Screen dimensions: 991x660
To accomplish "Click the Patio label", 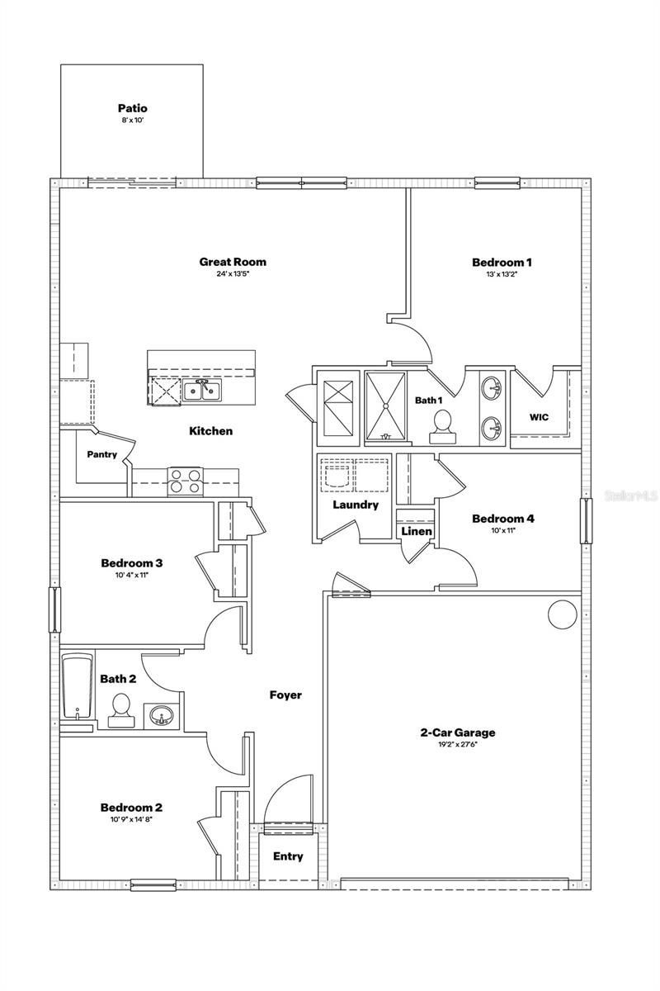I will click(x=132, y=108).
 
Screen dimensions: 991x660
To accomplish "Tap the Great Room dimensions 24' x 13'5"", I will click(x=232, y=274).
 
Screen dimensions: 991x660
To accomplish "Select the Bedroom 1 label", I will click(x=502, y=263).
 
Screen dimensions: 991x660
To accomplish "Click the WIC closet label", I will click(x=539, y=417).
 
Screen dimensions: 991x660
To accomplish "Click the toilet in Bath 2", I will click(x=121, y=709).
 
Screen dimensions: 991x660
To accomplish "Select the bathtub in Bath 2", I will click(x=78, y=686).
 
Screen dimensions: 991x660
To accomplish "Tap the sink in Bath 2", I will click(x=158, y=715).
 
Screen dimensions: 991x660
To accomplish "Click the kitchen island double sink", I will click(x=200, y=390).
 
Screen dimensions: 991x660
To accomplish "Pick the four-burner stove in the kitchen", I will click(x=186, y=481).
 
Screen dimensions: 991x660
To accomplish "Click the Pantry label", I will click(x=102, y=454).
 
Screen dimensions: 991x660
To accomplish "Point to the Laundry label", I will click(x=356, y=505).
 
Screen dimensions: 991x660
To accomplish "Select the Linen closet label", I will click(x=417, y=531).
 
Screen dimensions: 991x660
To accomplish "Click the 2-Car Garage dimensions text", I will click(x=458, y=745).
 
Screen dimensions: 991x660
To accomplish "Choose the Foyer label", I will click(x=285, y=695).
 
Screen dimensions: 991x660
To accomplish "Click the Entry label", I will click(x=288, y=856).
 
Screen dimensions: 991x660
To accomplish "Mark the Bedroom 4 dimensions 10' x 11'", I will click(x=502, y=531).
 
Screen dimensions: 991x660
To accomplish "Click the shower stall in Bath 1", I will click(x=385, y=405).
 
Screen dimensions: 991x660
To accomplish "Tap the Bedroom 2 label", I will click(x=131, y=807).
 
